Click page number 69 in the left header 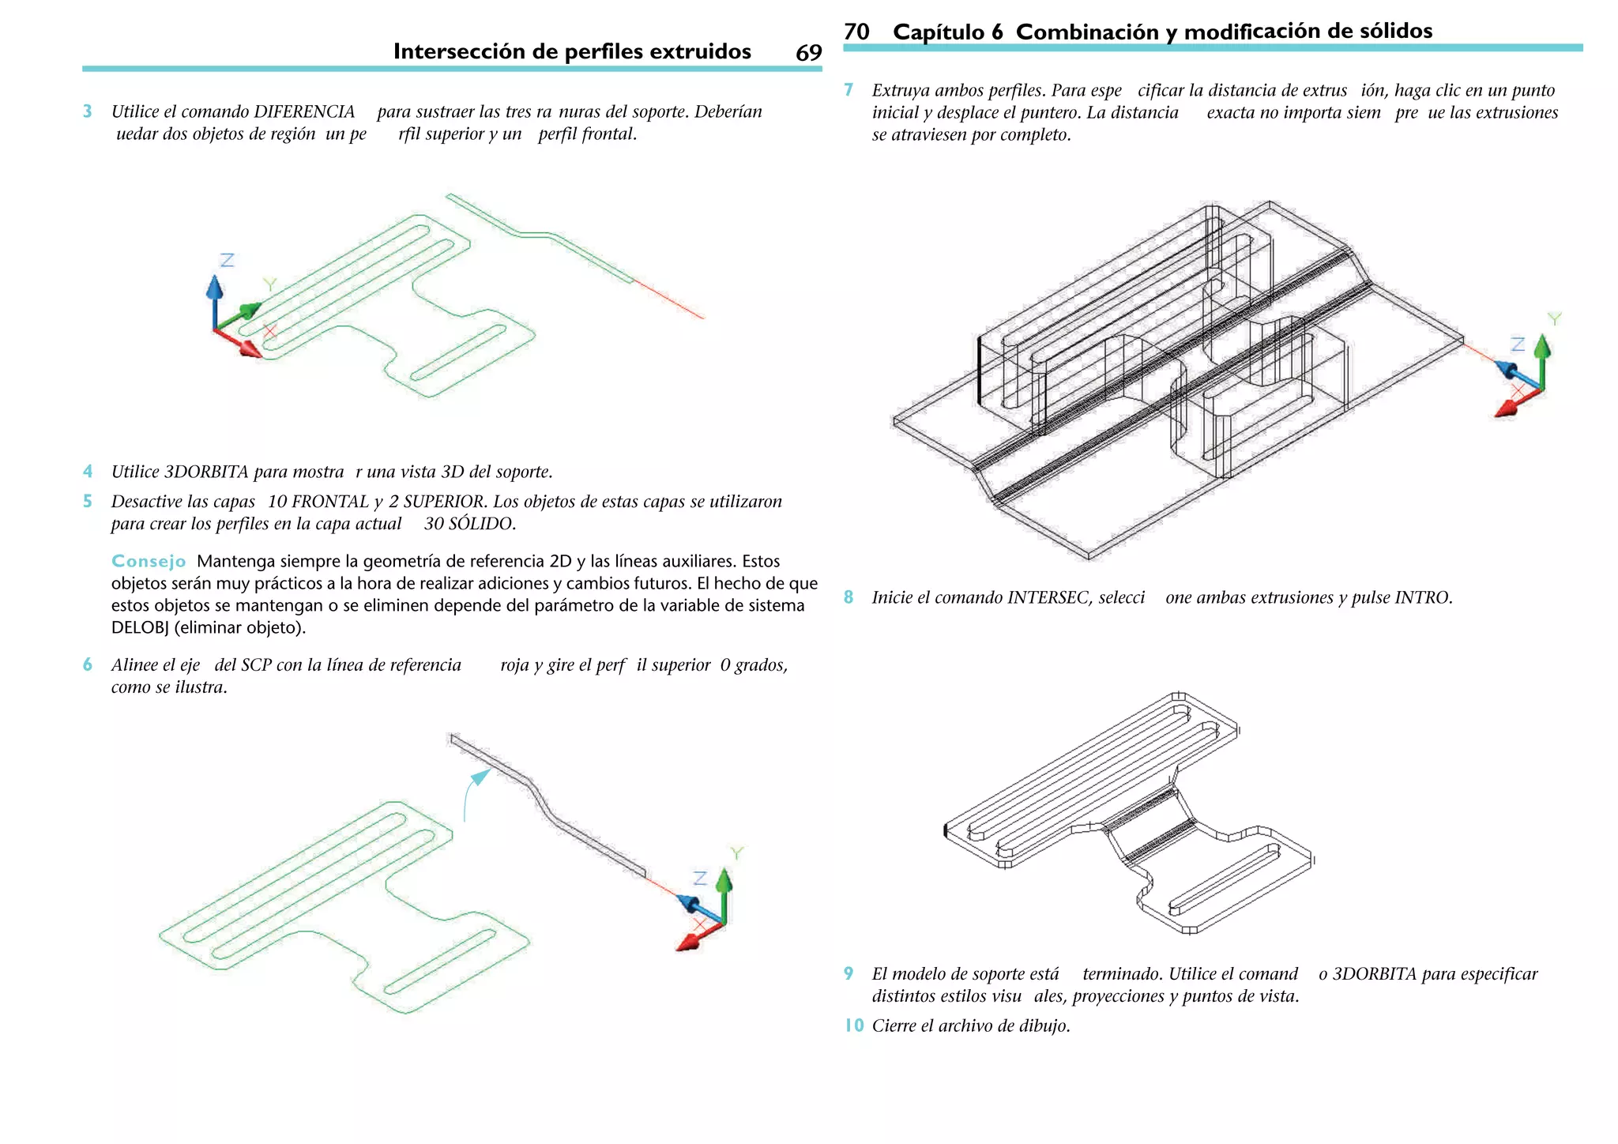[x=808, y=53]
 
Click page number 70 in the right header [x=856, y=32]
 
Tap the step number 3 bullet [x=88, y=111]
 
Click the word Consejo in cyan [x=149, y=562]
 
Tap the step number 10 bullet [x=853, y=1026]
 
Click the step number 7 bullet [x=849, y=90]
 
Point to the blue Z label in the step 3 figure [x=228, y=260]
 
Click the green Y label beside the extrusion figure [x=1554, y=318]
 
